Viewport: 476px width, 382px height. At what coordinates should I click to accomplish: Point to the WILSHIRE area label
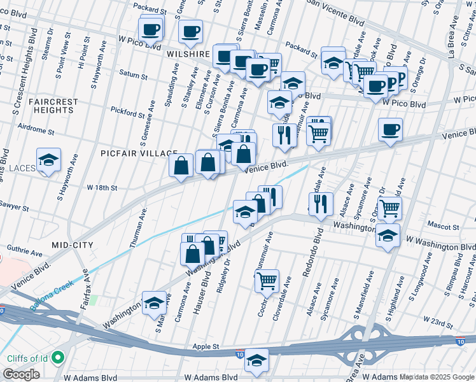point(188,55)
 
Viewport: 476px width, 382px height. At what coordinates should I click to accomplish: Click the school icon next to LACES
point(48,160)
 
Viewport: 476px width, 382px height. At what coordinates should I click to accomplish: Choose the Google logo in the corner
point(21,374)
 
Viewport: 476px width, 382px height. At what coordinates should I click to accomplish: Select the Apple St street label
point(207,348)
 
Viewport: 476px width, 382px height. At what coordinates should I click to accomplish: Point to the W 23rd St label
point(441,323)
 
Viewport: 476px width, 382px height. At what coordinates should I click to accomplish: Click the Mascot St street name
point(444,226)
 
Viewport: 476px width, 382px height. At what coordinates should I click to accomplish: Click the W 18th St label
point(102,188)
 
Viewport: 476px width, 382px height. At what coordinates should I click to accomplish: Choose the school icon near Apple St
point(257,361)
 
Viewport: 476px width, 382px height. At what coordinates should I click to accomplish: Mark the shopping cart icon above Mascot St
point(389,207)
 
